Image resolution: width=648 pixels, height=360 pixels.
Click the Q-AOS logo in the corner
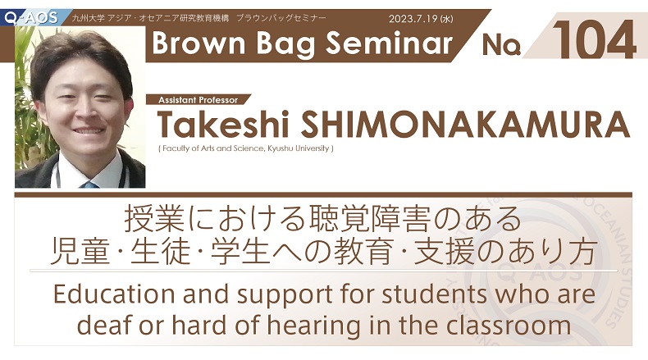(30, 18)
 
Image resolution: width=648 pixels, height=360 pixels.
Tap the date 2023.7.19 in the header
(414, 19)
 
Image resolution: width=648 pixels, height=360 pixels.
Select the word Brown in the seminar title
(199, 43)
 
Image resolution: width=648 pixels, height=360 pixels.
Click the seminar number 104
(595, 39)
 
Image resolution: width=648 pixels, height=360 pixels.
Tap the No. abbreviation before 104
(501, 44)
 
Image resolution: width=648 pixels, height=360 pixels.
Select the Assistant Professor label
(198, 100)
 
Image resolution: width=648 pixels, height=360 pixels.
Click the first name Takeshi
(223, 125)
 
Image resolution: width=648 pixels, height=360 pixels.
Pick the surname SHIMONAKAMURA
(465, 125)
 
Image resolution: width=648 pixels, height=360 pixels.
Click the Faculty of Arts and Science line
(246, 148)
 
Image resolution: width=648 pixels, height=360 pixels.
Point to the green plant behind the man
(27, 103)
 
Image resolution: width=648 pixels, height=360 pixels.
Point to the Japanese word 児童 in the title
(80, 252)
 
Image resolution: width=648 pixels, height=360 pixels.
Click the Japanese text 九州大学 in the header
(88, 18)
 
